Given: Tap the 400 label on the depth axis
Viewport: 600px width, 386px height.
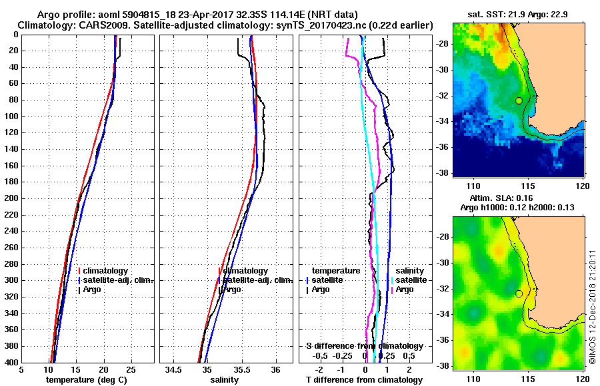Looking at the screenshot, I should click(x=11, y=362).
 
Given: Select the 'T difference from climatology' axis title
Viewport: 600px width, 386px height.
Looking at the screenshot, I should click(x=364, y=380).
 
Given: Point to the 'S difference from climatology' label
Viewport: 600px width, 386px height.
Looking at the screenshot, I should click(x=364, y=346).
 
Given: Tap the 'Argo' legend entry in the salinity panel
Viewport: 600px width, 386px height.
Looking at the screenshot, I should click(x=231, y=289).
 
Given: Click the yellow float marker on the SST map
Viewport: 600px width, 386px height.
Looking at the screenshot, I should click(x=519, y=100).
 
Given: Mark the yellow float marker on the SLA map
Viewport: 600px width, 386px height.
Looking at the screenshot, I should click(x=519, y=293).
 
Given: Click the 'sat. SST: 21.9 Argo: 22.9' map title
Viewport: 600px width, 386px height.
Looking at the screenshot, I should click(x=518, y=14).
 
